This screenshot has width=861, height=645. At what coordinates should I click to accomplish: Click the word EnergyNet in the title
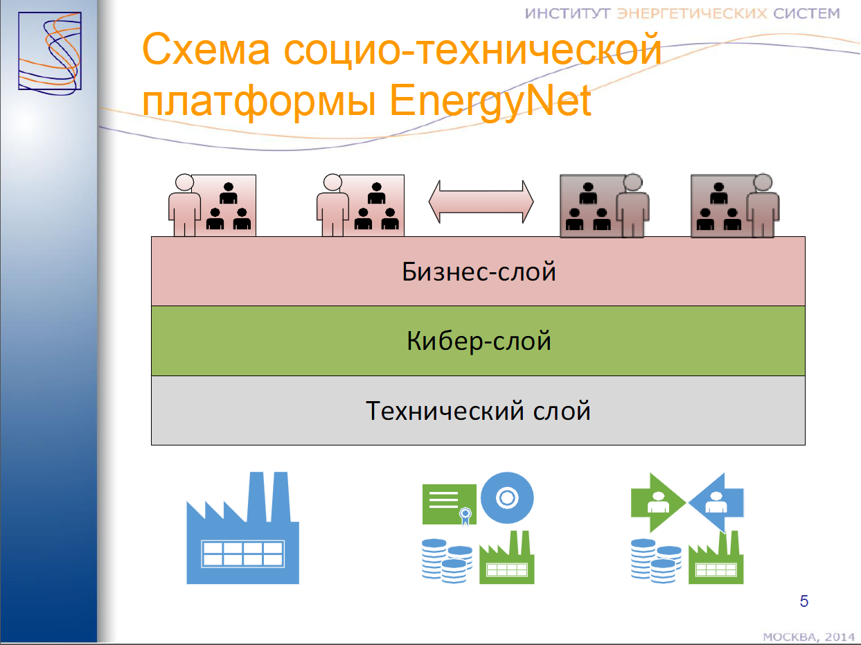coord(490,102)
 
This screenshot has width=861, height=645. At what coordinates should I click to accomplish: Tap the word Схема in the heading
coord(206,49)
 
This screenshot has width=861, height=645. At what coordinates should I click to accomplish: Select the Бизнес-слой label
coord(479,272)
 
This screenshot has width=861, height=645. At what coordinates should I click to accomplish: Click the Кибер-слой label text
coord(479,341)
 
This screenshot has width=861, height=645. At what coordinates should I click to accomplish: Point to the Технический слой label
coord(478,411)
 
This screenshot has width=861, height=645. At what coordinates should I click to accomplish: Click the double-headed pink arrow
coord(481,202)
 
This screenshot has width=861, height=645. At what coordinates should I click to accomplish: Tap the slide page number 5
coord(804,601)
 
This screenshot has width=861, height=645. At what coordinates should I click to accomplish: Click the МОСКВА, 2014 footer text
coord(808,637)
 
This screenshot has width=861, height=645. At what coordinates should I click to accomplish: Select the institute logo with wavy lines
coord(50,53)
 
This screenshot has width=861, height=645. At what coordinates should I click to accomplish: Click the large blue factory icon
coord(243,528)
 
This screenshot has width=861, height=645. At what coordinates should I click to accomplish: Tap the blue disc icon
coord(507,498)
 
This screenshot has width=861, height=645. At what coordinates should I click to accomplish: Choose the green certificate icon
coord(450,504)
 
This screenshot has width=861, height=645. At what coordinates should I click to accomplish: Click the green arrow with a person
coord(657,502)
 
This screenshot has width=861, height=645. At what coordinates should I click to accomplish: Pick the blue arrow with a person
coord(717,502)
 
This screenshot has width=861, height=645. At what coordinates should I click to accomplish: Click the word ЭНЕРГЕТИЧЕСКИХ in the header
coord(692,14)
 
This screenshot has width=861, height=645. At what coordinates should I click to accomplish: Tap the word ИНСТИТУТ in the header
coord(567,14)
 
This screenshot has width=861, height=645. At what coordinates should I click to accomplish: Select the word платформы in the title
coord(259,102)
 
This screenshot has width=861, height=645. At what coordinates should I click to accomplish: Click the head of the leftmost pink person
coord(184,182)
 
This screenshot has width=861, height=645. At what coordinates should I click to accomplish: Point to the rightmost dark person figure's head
coord(763,182)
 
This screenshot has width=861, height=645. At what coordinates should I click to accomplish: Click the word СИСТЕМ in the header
coord(806,14)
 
